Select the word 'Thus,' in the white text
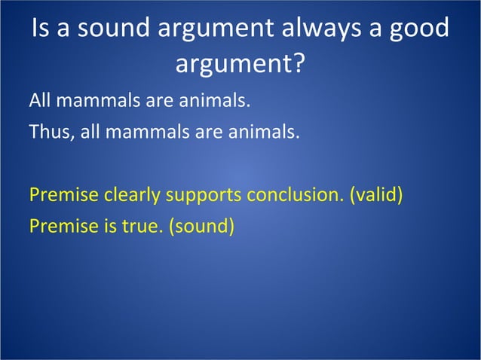tap(49, 133)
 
